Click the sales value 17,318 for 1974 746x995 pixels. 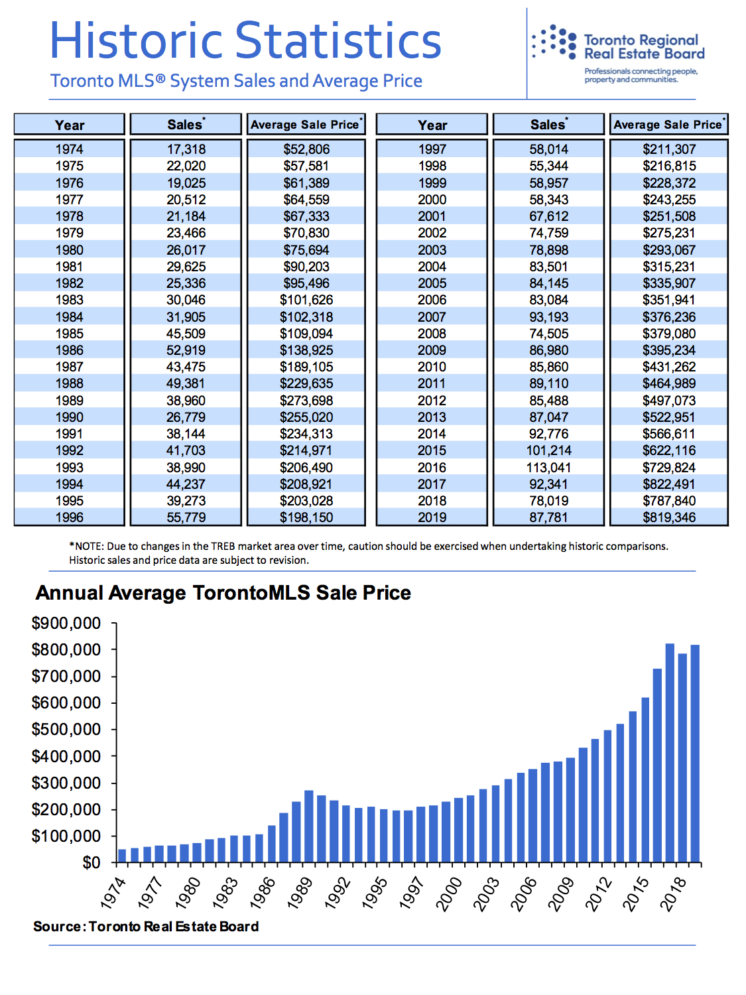pyautogui.click(x=186, y=149)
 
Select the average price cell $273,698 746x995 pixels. pyautogui.click(x=306, y=400)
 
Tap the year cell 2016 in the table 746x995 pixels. pyautogui.click(x=432, y=468)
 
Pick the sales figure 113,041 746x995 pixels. pyautogui.click(x=548, y=468)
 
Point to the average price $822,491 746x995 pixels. pyautogui.click(x=668, y=484)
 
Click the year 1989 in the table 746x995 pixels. pyautogui.click(x=70, y=400)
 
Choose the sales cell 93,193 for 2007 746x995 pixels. pyautogui.click(x=548, y=317)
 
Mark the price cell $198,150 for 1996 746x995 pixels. pyautogui.click(x=306, y=517)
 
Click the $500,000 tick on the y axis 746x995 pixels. pyautogui.click(x=66, y=730)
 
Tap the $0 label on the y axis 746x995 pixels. pyautogui.click(x=91, y=862)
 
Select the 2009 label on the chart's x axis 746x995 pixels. pyautogui.click(x=562, y=894)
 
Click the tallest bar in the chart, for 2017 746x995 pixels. pyautogui.click(x=670, y=753)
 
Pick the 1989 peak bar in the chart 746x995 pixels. pyautogui.click(x=309, y=826)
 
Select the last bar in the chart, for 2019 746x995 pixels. pyautogui.click(x=695, y=754)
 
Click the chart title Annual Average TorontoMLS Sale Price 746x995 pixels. pyautogui.click(x=223, y=592)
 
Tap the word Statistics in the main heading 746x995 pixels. pyautogui.click(x=338, y=41)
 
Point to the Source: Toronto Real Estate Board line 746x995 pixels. pyautogui.click(x=146, y=926)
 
